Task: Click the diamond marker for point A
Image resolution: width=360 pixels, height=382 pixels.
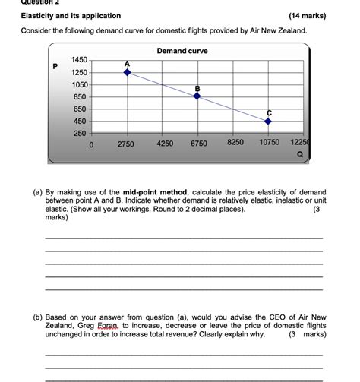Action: click(x=128, y=72)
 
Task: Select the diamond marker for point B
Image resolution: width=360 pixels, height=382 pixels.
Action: click(x=197, y=96)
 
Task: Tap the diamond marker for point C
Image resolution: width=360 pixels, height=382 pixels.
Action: click(x=267, y=122)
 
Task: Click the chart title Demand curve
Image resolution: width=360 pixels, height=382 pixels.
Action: click(x=182, y=50)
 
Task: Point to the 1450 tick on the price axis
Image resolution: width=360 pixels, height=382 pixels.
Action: click(x=79, y=59)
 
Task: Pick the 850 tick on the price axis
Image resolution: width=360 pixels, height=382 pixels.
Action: click(x=80, y=96)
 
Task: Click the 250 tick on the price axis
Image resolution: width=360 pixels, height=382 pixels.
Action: click(x=80, y=134)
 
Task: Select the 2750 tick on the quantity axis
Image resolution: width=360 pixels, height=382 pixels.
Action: click(x=126, y=143)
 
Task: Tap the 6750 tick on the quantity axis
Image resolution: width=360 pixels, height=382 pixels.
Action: click(x=199, y=143)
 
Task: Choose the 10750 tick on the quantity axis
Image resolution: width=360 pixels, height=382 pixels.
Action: click(x=269, y=142)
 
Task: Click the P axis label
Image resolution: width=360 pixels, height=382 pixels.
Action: click(x=55, y=66)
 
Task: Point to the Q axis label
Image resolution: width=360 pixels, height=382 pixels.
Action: click(x=299, y=152)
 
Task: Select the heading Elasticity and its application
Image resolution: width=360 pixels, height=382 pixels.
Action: click(x=71, y=16)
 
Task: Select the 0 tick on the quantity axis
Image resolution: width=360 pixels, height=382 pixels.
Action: click(x=91, y=143)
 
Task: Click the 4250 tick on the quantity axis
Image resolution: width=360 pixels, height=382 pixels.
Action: click(x=165, y=143)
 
